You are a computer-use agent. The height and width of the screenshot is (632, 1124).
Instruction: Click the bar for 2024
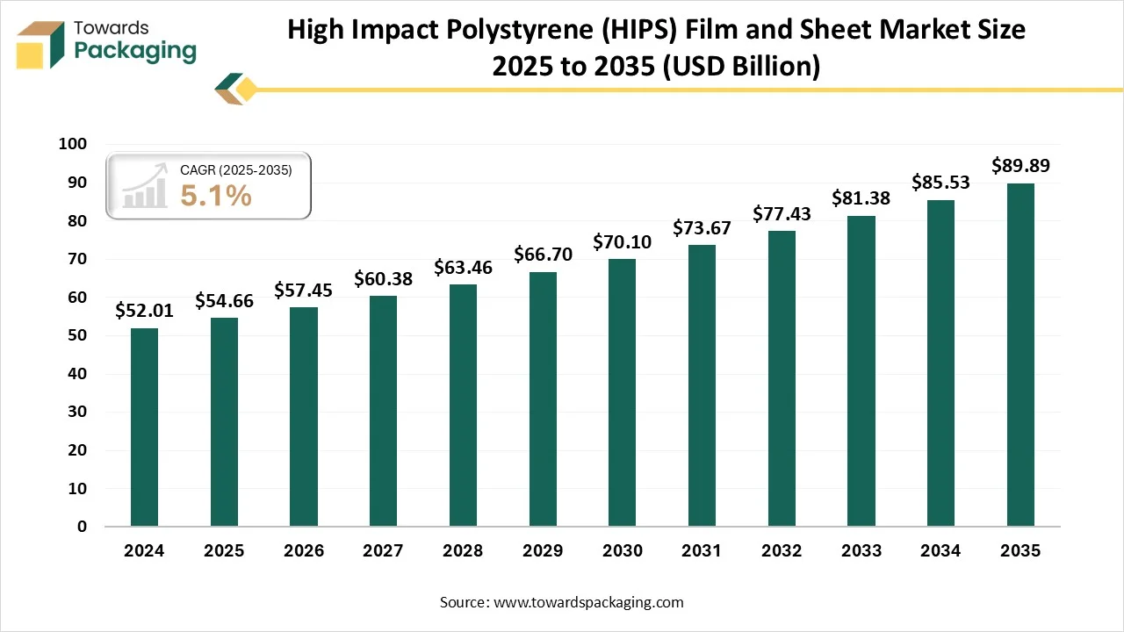pyautogui.click(x=144, y=427)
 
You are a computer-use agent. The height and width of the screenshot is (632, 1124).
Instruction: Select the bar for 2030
pyautogui.click(x=622, y=392)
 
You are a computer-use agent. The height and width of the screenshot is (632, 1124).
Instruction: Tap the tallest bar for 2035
pyautogui.click(x=1020, y=355)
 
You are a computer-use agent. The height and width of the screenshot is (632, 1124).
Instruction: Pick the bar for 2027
pyautogui.click(x=383, y=411)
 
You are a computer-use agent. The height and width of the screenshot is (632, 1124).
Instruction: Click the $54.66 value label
pyautogui.click(x=224, y=301)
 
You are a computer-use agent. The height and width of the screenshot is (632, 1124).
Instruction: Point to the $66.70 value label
pyautogui.click(x=543, y=255)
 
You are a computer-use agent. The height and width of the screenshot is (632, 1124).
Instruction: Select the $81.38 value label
pyautogui.click(x=861, y=198)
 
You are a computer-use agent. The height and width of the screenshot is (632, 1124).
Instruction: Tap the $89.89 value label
pyautogui.click(x=1020, y=165)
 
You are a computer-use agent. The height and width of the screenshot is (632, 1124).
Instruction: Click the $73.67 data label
pyautogui.click(x=702, y=228)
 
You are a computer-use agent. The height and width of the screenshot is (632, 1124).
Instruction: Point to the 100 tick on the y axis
pyautogui.click(x=73, y=145)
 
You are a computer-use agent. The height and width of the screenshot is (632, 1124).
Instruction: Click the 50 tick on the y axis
pyautogui.click(x=77, y=335)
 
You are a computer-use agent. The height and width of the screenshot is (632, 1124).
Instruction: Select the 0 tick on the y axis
pyautogui.click(x=82, y=527)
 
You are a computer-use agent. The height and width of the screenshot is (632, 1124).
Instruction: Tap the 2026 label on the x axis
pyautogui.click(x=304, y=551)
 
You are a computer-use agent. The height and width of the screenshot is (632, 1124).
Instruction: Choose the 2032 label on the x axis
pyautogui.click(x=782, y=551)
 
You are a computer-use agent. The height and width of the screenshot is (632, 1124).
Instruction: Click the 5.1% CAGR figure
pyautogui.click(x=216, y=197)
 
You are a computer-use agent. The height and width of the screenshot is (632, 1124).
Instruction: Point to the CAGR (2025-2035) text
pyautogui.click(x=235, y=170)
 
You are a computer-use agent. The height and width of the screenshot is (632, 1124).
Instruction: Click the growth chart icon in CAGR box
pyautogui.click(x=145, y=186)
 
